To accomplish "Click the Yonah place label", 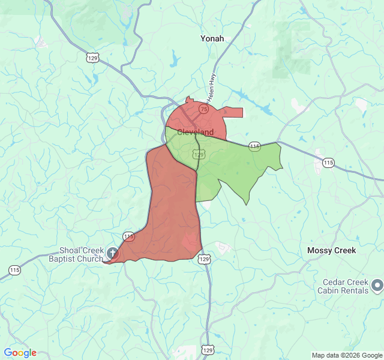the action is (212, 38).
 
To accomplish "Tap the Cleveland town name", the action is (195, 132).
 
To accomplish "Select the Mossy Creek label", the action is (331, 250).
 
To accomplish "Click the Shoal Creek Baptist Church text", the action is (81, 254).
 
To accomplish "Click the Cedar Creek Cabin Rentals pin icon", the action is (377, 285).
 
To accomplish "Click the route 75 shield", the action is (204, 109).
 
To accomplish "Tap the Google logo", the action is (20, 353).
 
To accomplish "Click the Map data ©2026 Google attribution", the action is (347, 355).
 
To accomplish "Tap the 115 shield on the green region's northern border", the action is (254, 146).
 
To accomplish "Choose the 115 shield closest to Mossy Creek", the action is (328, 163).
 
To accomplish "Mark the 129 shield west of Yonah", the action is (92, 58).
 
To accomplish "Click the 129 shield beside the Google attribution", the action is (208, 350).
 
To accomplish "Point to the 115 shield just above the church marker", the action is (128, 238).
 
